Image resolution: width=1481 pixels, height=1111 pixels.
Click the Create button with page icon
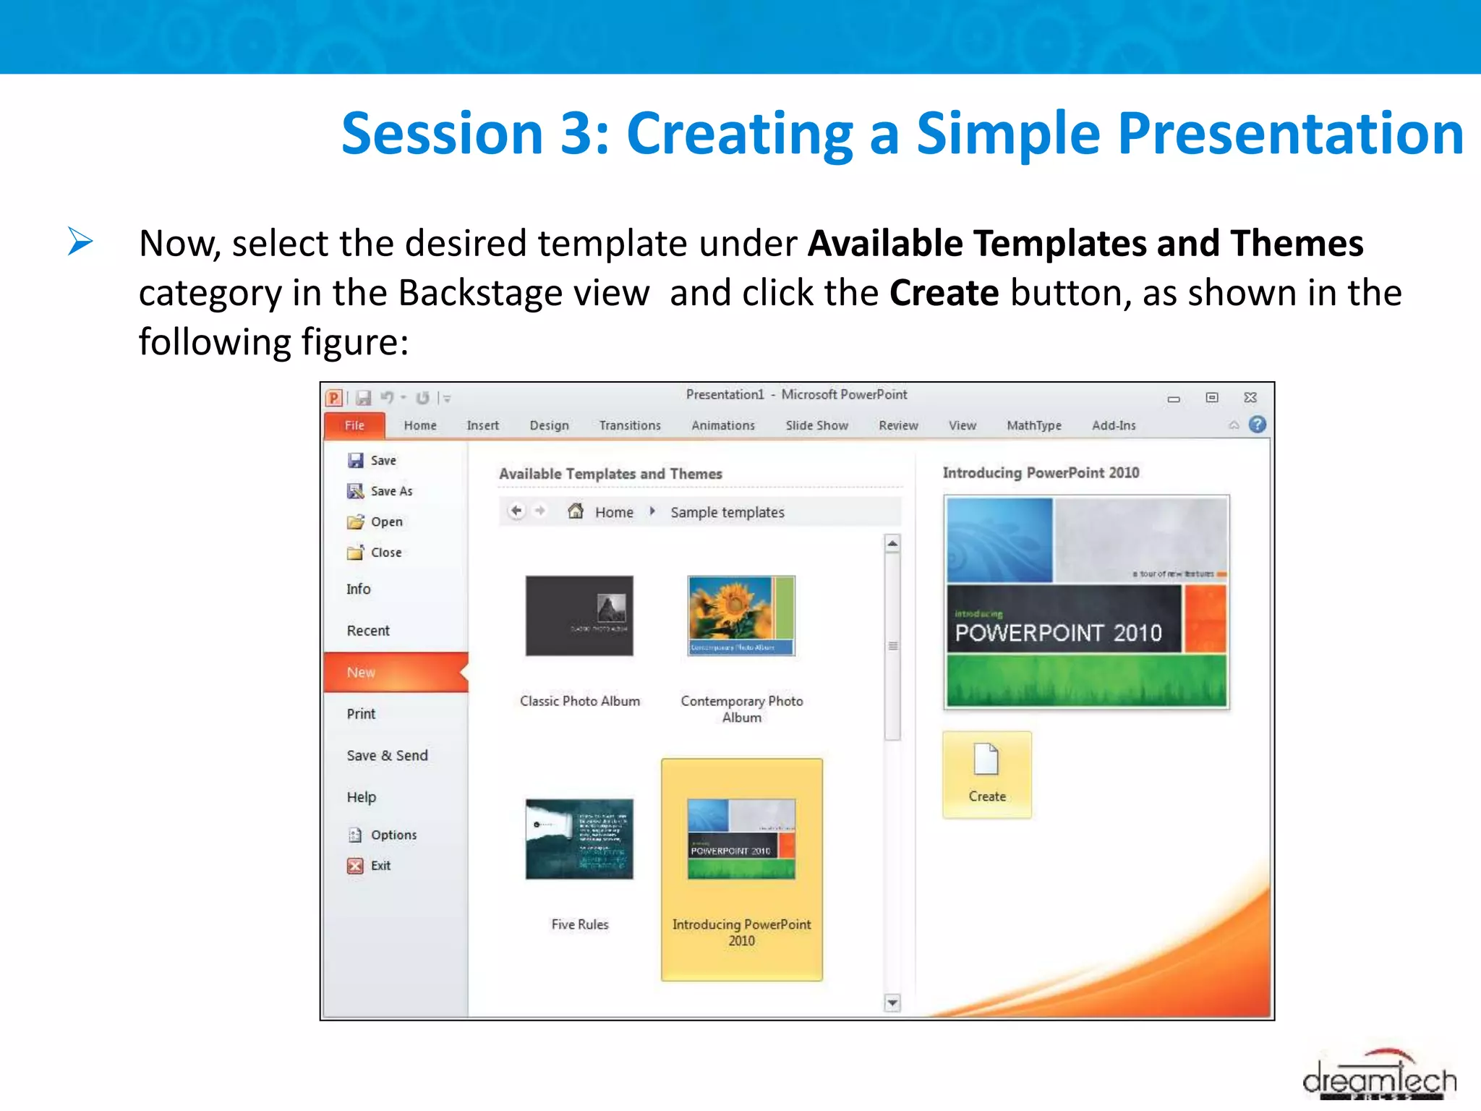pos(986,775)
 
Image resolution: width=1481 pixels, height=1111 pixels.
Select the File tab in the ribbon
pos(354,425)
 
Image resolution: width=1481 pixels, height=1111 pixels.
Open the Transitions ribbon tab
pos(629,425)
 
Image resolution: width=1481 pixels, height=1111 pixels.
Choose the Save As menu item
pos(390,491)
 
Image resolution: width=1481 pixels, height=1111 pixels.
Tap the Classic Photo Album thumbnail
pos(579,616)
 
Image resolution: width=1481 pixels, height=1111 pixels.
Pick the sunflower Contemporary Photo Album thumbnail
pos(741,616)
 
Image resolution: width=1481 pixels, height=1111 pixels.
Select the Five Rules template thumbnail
pos(579,839)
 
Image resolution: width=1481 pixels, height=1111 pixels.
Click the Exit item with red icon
pos(380,866)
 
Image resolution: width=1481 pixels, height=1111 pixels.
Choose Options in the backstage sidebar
pos(393,835)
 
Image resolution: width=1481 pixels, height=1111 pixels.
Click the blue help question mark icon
pos(1258,425)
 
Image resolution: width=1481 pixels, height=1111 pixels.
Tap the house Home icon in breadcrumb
pos(576,511)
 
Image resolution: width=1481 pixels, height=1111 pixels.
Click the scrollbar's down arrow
pos(892,1003)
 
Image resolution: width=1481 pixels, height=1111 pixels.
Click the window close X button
pos(1250,397)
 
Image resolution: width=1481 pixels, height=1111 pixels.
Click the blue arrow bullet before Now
pos(80,241)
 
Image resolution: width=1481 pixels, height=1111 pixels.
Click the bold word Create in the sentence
pos(944,293)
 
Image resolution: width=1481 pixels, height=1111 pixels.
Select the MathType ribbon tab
pos(1033,425)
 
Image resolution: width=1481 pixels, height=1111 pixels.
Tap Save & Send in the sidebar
pos(387,755)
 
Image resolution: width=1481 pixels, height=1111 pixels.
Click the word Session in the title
pos(442,134)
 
